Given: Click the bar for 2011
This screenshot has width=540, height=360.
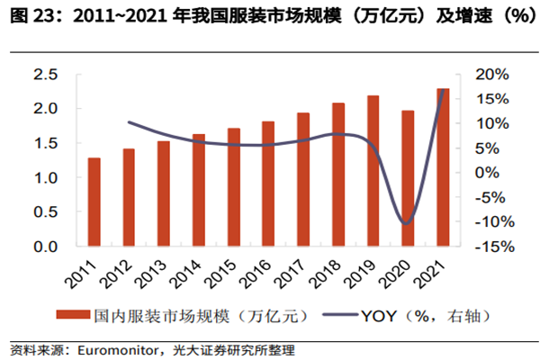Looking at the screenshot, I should (94, 202).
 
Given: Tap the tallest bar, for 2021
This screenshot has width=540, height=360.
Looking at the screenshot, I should (443, 166).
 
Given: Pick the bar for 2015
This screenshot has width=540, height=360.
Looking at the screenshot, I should (234, 186).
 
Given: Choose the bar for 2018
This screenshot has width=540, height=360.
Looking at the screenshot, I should (338, 174).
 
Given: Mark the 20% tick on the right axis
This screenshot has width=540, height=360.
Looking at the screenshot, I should (490, 75).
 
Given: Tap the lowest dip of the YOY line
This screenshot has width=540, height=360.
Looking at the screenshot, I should (407, 223).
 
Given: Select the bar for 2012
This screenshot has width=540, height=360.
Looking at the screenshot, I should (129, 197).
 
